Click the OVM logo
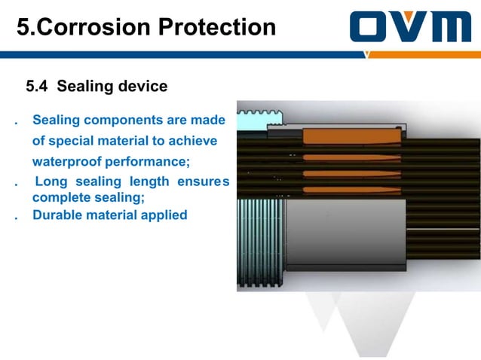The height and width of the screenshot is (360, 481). (x=410, y=28)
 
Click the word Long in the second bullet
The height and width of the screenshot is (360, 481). (x=51, y=182)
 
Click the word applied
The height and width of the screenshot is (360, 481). (x=163, y=215)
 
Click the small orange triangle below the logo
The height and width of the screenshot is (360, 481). (x=367, y=54)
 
